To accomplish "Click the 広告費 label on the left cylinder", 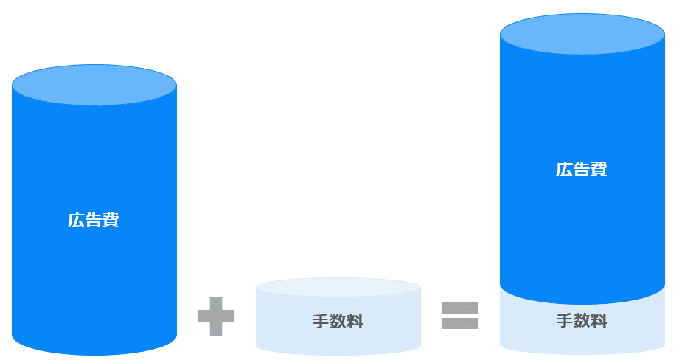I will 94,220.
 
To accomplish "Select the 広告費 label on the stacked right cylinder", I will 581,169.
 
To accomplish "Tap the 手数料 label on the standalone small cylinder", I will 338,322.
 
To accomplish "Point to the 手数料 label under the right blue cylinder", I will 581,321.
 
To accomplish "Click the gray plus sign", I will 216,316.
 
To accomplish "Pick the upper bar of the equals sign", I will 460,308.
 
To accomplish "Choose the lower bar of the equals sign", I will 460,324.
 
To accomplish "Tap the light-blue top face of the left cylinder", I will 94,84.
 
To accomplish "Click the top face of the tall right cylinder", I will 582,33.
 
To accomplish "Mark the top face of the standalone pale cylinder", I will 338,287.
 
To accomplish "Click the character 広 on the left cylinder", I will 76,220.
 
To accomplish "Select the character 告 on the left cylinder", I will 94,220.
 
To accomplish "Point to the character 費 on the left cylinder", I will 111,220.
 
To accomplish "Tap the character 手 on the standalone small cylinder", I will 320,322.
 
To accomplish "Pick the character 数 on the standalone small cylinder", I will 338,322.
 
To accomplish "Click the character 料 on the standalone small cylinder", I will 355,322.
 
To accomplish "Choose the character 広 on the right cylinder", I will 563,169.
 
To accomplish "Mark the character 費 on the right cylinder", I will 599,169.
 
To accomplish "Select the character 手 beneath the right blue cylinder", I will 564,321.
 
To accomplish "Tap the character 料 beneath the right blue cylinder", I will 599,321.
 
